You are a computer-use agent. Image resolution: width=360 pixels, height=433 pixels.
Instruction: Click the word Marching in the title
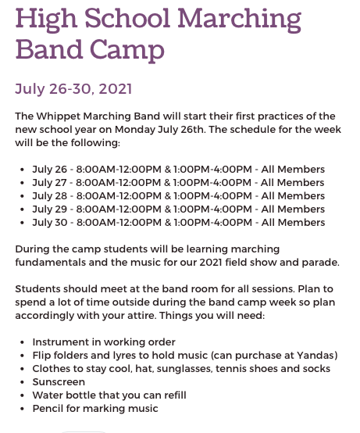(239, 20)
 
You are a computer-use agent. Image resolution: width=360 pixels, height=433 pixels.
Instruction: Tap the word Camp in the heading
(127, 50)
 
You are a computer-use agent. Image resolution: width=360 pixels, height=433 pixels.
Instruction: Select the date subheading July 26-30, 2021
(73, 89)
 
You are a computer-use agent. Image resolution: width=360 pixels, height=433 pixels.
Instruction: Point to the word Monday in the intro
(135, 130)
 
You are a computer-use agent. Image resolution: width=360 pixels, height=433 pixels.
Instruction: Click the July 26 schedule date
(50, 170)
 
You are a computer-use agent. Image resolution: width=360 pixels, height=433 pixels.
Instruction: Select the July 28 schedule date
(50, 196)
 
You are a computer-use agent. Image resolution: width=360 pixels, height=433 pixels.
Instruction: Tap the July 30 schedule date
(50, 222)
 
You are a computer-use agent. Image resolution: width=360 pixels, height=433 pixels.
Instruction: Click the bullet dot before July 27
(23, 183)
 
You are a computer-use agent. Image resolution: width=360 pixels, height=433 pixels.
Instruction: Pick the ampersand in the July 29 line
(168, 209)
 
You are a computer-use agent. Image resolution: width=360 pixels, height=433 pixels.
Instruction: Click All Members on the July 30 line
(293, 222)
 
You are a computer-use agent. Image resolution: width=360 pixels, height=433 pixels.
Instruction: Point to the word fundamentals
(51, 263)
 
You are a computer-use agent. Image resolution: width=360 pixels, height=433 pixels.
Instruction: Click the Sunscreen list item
(59, 382)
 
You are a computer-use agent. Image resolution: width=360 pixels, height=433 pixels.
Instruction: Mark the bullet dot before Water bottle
(23, 395)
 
